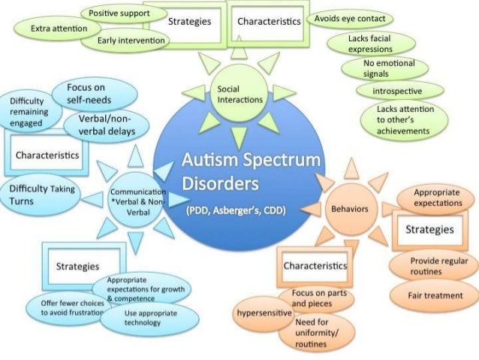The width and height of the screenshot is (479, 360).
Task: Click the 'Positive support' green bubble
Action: point(118,14)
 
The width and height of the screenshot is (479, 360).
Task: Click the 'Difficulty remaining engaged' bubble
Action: point(29,112)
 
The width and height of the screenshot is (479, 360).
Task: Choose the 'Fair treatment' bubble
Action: point(435,295)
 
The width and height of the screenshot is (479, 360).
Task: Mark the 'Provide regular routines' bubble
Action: point(434,265)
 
